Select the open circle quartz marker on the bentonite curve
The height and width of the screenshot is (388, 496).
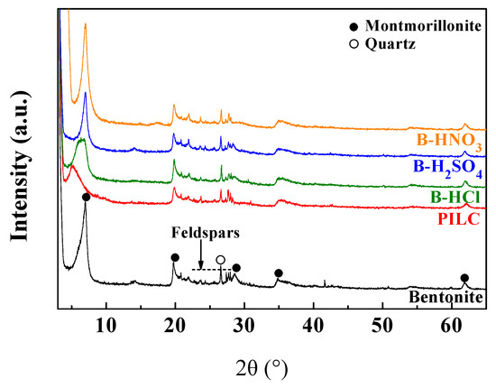point(220,260)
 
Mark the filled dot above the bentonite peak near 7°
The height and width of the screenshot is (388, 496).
point(86,198)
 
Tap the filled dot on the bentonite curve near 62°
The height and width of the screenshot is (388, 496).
point(464,278)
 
